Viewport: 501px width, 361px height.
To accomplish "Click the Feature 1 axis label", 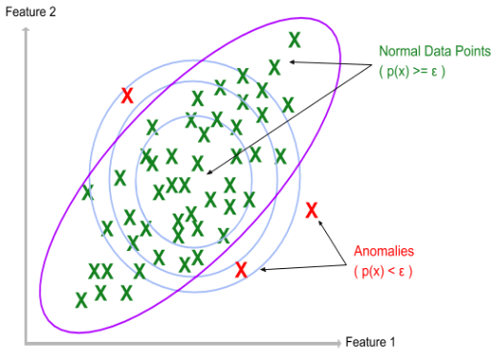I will point(370,342).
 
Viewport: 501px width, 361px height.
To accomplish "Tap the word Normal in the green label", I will point(399,51).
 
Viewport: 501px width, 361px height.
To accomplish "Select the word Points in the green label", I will point(470,51).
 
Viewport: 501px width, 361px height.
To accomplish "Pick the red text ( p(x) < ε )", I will point(383,271).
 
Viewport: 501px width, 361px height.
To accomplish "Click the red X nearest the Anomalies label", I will point(311,212).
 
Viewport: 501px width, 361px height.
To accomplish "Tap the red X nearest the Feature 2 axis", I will point(127,95).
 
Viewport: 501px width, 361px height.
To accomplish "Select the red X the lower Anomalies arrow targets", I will point(241,270).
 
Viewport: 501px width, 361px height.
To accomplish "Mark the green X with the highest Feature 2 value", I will point(294,39).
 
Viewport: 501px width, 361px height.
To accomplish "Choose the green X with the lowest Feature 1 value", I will point(81,300).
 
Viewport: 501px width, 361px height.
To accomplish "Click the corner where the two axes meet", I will point(28,342).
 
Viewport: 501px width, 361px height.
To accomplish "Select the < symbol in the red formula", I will point(394,271).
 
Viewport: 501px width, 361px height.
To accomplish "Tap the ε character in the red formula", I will point(403,272).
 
